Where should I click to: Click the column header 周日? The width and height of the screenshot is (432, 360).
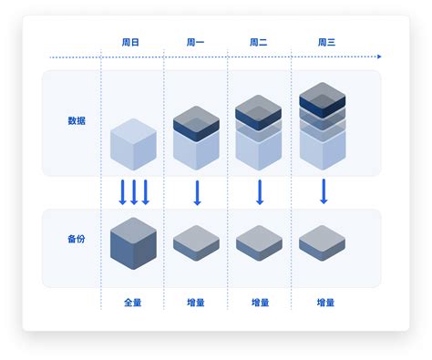point(133,42)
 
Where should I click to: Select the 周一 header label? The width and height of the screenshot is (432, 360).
point(197,42)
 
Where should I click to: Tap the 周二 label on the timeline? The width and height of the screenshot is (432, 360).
point(260,42)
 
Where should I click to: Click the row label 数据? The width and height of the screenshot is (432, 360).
point(77,120)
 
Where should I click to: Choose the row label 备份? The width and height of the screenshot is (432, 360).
point(77,239)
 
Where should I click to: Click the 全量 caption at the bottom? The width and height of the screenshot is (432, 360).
point(133,302)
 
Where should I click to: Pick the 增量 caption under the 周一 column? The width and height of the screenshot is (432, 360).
point(197,302)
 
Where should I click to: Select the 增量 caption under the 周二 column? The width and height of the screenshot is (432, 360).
point(260,302)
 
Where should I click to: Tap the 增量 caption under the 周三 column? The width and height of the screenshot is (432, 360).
point(325,302)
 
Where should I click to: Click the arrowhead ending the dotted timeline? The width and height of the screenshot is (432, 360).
point(378,57)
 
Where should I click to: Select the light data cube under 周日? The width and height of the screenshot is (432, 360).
point(133,144)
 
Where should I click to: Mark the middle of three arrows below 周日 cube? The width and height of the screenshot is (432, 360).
point(133,192)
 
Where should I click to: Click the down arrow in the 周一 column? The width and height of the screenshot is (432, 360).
point(197,192)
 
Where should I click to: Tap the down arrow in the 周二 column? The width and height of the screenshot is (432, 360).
point(260,192)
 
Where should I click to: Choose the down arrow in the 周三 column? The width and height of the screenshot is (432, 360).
point(323,192)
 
